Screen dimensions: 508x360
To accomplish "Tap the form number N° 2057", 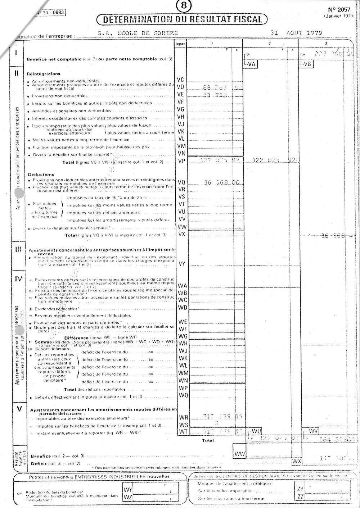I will point(336,10).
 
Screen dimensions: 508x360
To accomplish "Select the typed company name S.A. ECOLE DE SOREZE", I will point(138,33).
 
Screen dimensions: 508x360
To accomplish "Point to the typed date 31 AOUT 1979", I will point(296,33).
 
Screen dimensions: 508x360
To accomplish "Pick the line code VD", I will point(181,87).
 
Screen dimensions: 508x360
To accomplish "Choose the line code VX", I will point(181,234).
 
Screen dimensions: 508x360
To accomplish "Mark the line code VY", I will point(181,264).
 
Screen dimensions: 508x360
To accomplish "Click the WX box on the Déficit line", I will point(296,461).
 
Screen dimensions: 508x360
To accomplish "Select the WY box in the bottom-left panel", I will point(128,490).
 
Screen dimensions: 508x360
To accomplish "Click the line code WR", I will point(183,418).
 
